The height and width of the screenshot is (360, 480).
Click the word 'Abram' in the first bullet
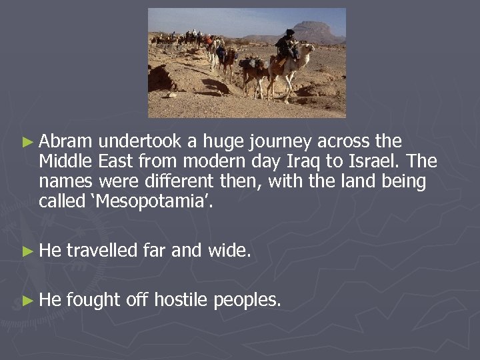[67, 142]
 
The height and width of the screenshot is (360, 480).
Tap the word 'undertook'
[138, 142]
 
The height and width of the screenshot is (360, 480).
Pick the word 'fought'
[94, 300]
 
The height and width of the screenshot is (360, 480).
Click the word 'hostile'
[181, 300]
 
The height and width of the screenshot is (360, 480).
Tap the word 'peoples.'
[247, 300]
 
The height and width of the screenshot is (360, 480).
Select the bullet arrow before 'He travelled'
[27, 251]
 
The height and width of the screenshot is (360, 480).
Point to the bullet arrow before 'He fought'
[27, 301]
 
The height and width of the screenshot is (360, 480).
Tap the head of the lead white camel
[309, 49]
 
